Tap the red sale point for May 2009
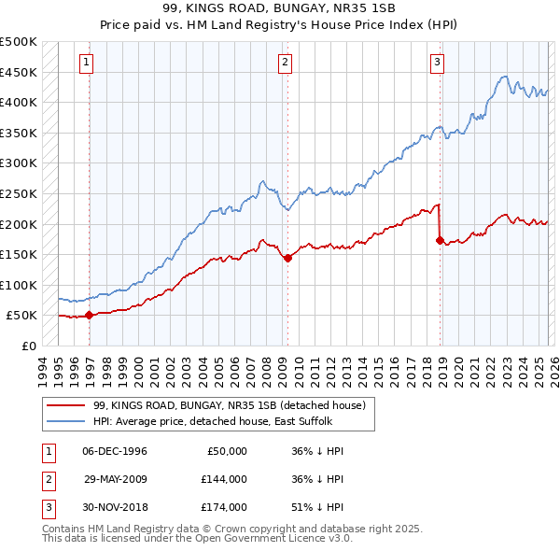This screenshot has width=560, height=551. click(x=287, y=259)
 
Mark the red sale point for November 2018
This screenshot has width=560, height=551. click(x=440, y=240)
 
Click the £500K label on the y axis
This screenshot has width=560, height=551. click(x=20, y=42)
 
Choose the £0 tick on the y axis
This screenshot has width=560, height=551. click(x=30, y=346)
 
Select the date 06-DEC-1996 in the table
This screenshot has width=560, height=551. click(x=115, y=451)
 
